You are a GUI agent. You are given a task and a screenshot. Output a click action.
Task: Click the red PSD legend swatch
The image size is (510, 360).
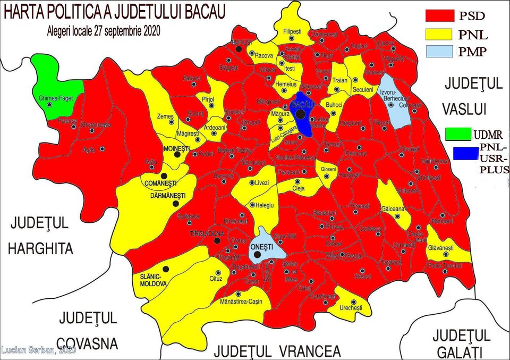(440, 15)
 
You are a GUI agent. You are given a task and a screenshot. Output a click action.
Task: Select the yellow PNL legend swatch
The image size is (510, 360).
(440, 35)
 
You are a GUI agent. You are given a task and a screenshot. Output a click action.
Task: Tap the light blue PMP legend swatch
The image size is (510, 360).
(440, 51)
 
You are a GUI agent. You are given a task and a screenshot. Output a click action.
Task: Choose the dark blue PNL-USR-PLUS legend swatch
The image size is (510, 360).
(465, 153)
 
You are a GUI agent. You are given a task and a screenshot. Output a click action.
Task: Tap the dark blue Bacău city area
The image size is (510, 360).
(303, 114)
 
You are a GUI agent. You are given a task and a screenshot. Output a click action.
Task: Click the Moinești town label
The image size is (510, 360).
(177, 148)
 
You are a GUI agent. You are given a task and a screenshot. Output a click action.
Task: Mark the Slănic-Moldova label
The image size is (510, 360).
(154, 280)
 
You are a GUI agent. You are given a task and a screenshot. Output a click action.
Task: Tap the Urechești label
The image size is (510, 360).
(350, 308)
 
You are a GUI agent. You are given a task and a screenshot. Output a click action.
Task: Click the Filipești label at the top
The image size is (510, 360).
(292, 32)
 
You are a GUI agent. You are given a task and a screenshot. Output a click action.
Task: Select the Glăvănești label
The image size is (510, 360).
(441, 248)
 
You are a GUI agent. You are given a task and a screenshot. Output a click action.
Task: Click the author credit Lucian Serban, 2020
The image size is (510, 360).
(38, 350)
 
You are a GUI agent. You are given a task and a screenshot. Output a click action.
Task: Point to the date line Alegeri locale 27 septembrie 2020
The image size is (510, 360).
(104, 31)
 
